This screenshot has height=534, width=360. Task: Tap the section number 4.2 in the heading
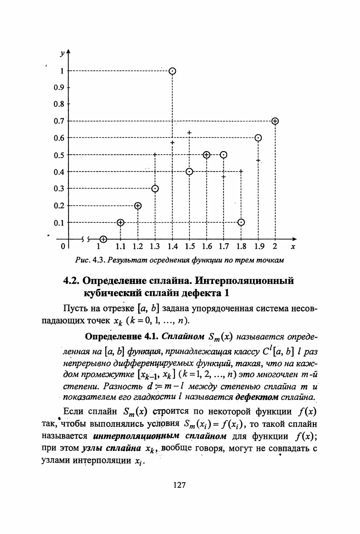tap(72, 281)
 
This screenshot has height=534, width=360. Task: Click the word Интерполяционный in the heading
tap(252, 281)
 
